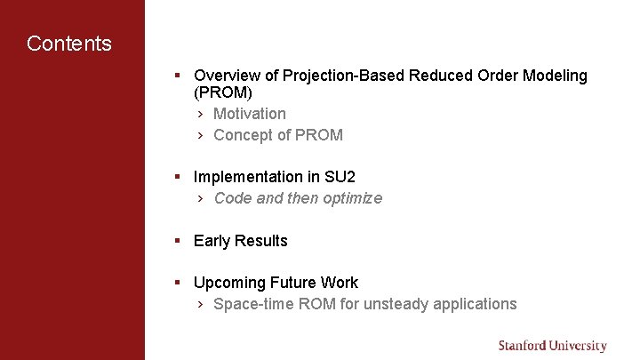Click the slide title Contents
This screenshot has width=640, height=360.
coord(69,44)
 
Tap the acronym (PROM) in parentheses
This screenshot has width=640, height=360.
coord(222,92)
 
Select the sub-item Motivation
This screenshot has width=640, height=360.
coord(250,114)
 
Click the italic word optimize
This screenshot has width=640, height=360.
coord(352,198)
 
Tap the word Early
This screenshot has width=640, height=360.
coord(212,241)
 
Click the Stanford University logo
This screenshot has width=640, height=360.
coord(552,346)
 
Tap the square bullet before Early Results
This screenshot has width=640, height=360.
coord(178,241)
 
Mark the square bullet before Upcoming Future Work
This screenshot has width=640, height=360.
coord(178,283)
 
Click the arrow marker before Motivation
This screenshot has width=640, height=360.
coord(201,114)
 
